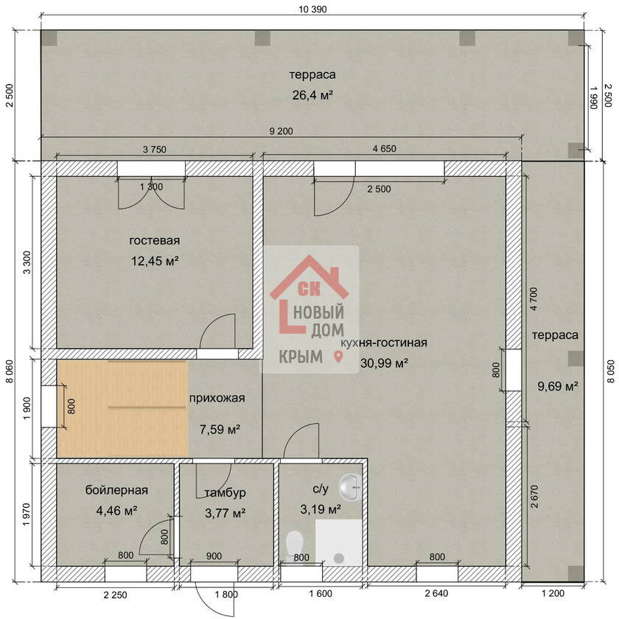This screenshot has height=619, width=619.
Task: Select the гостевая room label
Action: [155, 240]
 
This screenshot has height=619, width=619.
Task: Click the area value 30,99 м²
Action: [384, 363]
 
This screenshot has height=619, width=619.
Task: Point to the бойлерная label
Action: [116, 490]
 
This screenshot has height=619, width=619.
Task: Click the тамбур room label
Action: [225, 493]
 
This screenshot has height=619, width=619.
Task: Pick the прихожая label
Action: [217, 399]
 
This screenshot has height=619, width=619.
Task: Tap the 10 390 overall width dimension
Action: [312, 9]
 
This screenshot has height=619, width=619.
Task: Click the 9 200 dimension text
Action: [281, 131]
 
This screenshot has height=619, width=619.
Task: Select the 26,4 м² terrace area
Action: [312, 95]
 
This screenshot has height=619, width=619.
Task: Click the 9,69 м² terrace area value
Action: [558, 385]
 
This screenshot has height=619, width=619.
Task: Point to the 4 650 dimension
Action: [384, 149]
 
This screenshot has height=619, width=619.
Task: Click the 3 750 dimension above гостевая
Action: [154, 150]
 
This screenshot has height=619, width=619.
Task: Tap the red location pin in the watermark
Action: [338, 357]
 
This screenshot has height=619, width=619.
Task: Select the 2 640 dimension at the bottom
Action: [436, 593]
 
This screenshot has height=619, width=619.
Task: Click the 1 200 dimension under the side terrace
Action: [553, 593]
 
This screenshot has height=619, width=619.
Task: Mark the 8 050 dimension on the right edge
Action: [610, 371]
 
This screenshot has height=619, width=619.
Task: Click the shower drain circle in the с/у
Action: [339, 559]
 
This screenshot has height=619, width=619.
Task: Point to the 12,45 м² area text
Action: [155, 261]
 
